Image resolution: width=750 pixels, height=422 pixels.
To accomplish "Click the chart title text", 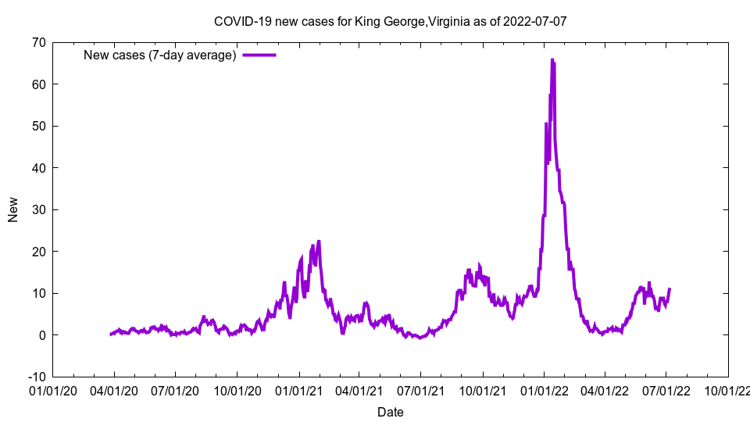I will tap(390, 21).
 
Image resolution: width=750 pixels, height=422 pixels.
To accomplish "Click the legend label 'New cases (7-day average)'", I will tap(159, 55).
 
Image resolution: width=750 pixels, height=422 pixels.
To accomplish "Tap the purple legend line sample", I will tap(259, 55).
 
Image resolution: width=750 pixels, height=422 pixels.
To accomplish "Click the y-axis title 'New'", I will tap(13, 209).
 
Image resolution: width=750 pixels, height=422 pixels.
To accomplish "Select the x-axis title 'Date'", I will tap(390, 412).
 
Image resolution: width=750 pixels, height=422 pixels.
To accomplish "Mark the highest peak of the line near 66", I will tap(552, 59).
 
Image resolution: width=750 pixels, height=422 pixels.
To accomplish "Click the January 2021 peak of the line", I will tap(319, 241).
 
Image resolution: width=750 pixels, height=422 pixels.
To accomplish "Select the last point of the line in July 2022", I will tap(670, 289).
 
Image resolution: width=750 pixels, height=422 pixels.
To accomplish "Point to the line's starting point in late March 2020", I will tap(111, 334).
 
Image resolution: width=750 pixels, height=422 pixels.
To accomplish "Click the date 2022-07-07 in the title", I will tap(535, 21).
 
